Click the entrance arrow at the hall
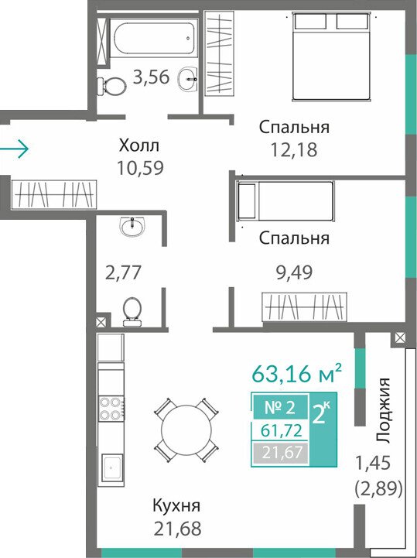14,149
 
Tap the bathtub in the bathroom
154,37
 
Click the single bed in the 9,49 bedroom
285,200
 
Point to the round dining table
186,430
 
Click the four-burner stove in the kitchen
111,408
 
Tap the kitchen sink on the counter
112,467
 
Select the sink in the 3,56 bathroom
187,79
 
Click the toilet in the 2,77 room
132,312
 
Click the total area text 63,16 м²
297,372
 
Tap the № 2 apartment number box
280,406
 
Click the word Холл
139,145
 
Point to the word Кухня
176,505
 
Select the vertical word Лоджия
383,410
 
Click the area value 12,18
294,150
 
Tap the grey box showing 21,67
280,453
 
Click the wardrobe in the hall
53,194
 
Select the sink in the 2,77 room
132,226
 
